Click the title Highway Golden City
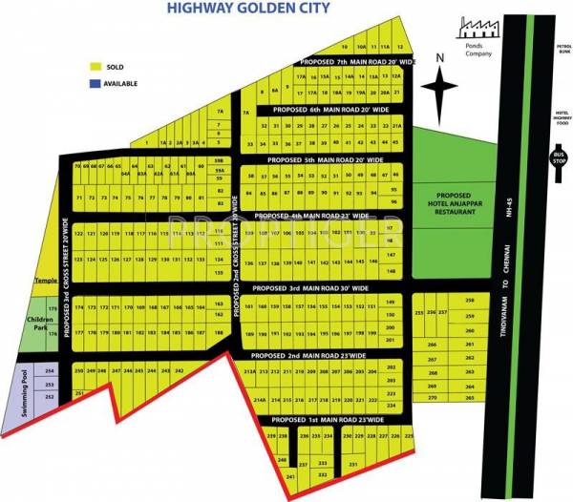pos(249,9)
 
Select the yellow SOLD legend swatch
pos(95,67)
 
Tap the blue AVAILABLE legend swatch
pos(95,83)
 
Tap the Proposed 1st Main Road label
pos(329,419)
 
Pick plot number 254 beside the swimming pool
pos(52,370)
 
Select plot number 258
pos(469,302)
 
